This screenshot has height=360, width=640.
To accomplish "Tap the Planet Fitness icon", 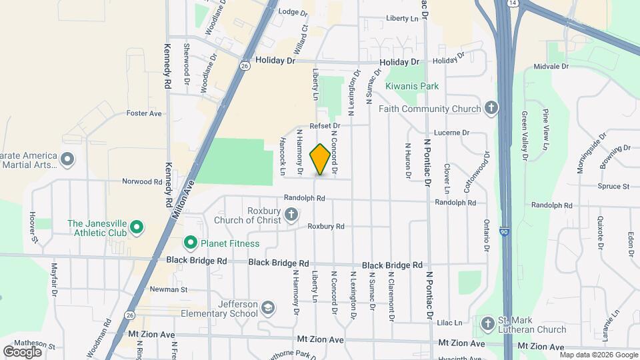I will (x=191, y=243).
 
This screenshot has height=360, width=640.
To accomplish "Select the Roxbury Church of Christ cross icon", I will (x=291, y=215).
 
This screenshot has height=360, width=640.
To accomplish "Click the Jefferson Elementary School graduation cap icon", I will (x=267, y=308).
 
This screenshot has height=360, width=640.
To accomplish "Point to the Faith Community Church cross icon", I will (x=491, y=109).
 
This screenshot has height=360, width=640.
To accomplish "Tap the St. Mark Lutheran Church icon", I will (x=487, y=323).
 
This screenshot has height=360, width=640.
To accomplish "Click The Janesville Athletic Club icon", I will (x=137, y=228).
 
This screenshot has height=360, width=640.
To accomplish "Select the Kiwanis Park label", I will (x=412, y=86).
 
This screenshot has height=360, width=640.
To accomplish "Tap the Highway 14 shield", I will (x=512, y=3).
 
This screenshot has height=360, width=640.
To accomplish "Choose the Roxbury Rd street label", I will (x=325, y=227).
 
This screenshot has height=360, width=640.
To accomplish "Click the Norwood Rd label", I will (x=142, y=181).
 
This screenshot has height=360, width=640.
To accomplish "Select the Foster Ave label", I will (x=144, y=113).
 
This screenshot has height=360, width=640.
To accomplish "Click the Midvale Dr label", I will (x=551, y=67).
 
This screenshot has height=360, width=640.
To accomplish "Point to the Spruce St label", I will (x=613, y=187).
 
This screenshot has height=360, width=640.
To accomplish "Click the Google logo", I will (x=22, y=351).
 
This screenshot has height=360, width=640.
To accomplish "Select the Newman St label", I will (x=169, y=290).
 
